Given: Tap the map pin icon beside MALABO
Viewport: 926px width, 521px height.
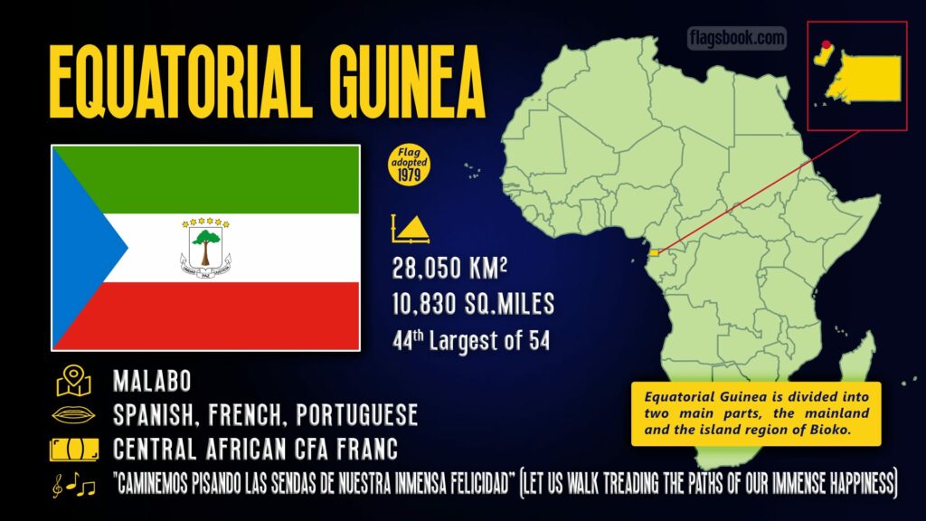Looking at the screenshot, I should [73, 381].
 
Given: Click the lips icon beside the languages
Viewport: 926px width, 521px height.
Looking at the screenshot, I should [73, 415].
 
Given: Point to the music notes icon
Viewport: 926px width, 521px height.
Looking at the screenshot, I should [73, 486].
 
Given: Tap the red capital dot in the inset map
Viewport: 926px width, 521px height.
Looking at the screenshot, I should [824, 43].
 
